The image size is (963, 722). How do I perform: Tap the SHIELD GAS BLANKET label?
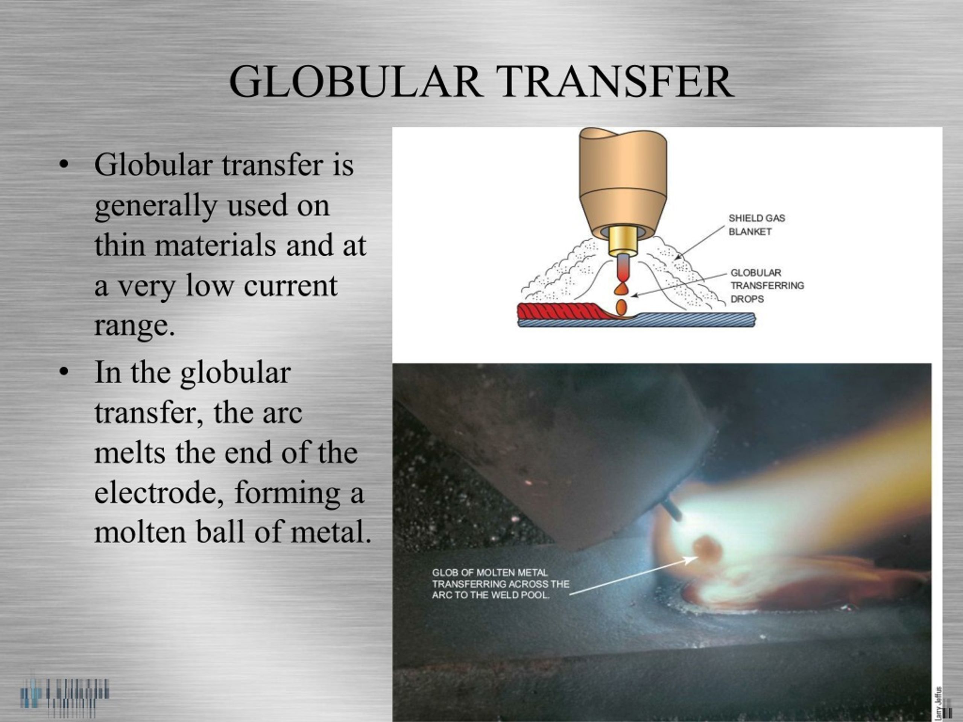coord(756,224)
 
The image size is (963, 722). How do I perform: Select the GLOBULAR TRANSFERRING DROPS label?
coord(767,285)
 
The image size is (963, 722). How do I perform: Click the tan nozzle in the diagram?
coord(623,183)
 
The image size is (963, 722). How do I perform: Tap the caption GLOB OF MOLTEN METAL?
coord(490,573)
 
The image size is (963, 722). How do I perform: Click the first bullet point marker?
coord(64,165)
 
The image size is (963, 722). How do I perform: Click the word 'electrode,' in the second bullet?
coord(159,493)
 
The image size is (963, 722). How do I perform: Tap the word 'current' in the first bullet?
coord(290,285)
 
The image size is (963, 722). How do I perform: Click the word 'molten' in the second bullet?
coord(140,532)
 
